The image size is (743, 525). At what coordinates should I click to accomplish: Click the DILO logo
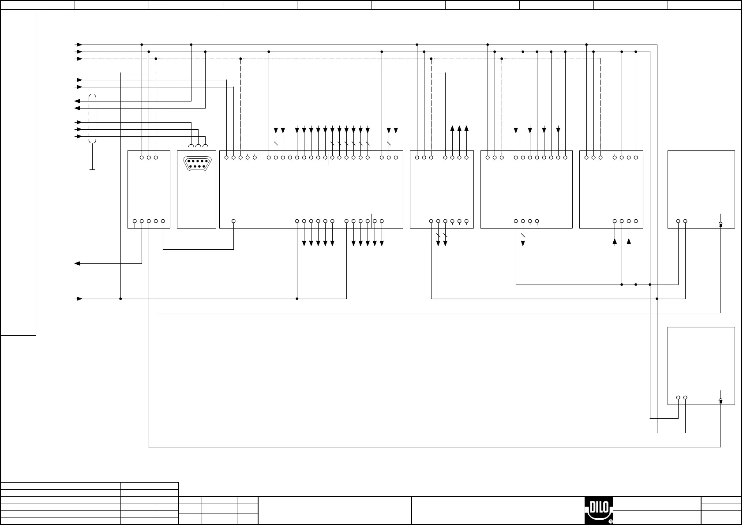(x=599, y=511)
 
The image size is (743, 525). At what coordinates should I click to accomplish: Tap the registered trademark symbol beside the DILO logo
(x=611, y=521)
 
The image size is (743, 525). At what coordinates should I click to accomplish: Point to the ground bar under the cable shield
(x=92, y=169)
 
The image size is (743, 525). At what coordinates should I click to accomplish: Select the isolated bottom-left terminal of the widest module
(x=233, y=221)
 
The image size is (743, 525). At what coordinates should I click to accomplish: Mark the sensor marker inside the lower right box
(x=720, y=401)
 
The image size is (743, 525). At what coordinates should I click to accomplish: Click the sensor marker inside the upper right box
(x=720, y=224)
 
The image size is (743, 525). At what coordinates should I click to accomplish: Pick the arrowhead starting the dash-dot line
(x=79, y=59)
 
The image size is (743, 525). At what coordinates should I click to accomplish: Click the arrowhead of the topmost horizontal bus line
(x=79, y=45)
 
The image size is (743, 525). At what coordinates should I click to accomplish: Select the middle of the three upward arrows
(x=459, y=129)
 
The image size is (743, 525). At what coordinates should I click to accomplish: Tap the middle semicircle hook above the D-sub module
(x=198, y=146)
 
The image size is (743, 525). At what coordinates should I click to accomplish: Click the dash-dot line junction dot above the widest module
(x=240, y=59)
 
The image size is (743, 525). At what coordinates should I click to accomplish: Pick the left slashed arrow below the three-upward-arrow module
(x=438, y=243)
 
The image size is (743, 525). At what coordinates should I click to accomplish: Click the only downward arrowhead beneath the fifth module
(x=523, y=243)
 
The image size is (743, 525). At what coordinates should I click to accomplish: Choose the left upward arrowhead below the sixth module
(x=615, y=241)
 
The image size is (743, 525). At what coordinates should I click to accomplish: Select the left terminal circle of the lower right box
(x=678, y=397)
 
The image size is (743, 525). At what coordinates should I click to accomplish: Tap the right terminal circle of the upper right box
(x=685, y=221)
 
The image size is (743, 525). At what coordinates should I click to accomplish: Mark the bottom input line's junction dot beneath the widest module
(x=297, y=299)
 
